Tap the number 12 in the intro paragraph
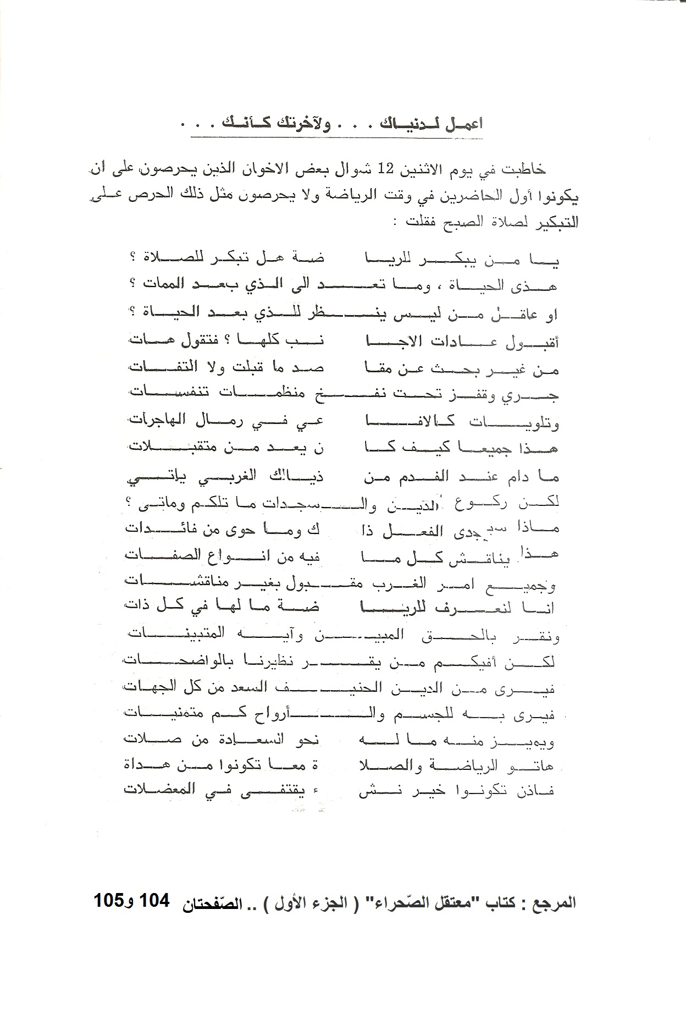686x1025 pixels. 392,169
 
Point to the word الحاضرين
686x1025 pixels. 489,196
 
